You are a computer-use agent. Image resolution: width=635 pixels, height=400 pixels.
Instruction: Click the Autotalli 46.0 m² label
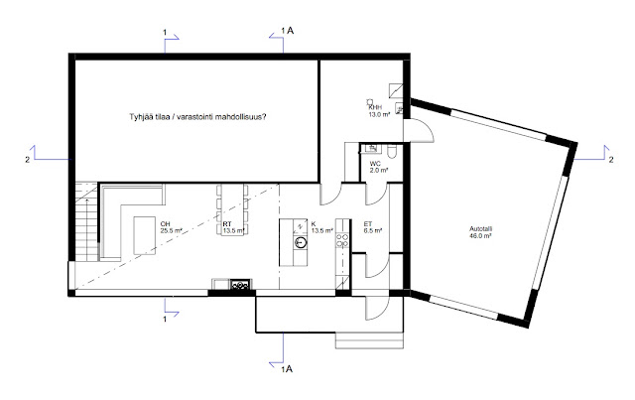(480, 232)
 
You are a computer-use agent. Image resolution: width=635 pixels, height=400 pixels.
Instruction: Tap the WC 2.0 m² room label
(379, 167)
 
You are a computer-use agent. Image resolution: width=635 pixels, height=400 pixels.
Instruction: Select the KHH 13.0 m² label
(379, 111)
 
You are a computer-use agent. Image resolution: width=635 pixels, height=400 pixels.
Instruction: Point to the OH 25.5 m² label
(172, 227)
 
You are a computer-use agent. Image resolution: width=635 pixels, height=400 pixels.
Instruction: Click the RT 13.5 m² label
(234, 227)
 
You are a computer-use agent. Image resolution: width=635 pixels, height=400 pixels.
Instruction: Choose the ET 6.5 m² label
(373, 227)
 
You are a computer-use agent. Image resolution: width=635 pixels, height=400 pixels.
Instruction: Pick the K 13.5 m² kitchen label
(321, 227)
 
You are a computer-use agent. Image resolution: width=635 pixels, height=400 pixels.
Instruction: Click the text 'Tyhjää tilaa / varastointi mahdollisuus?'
(197, 117)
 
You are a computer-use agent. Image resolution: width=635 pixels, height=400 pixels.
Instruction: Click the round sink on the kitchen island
(301, 242)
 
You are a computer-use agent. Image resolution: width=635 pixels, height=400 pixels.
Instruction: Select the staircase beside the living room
(86, 222)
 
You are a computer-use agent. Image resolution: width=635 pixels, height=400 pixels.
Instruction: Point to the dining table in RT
(232, 209)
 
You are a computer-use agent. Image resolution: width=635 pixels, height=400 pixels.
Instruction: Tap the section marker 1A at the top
(282, 38)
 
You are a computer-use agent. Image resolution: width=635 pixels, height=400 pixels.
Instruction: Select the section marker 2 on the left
(45, 155)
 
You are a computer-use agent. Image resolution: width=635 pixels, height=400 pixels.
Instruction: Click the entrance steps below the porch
(370, 340)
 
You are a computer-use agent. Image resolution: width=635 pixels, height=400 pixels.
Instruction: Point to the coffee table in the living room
(145, 235)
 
